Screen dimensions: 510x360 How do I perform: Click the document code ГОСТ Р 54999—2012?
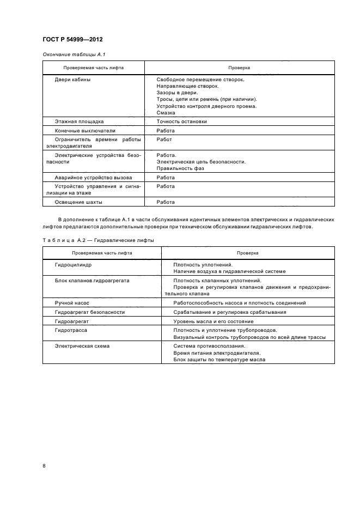click(x=72, y=40)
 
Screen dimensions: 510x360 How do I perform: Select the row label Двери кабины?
click(x=72, y=80)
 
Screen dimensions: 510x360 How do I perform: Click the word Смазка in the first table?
click(x=166, y=113)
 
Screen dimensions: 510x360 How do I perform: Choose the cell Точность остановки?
click(x=181, y=122)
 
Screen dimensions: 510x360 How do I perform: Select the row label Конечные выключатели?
click(x=85, y=131)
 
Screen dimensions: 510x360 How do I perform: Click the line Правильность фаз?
click(x=180, y=168)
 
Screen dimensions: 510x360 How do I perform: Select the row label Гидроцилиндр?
click(x=74, y=264)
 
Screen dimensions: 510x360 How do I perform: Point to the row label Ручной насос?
click(x=72, y=302)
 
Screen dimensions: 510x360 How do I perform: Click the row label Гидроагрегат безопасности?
click(x=90, y=312)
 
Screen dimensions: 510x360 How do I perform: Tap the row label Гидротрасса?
click(x=71, y=331)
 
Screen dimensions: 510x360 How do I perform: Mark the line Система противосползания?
click(x=209, y=346)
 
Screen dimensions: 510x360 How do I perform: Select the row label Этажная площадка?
click(x=79, y=122)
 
